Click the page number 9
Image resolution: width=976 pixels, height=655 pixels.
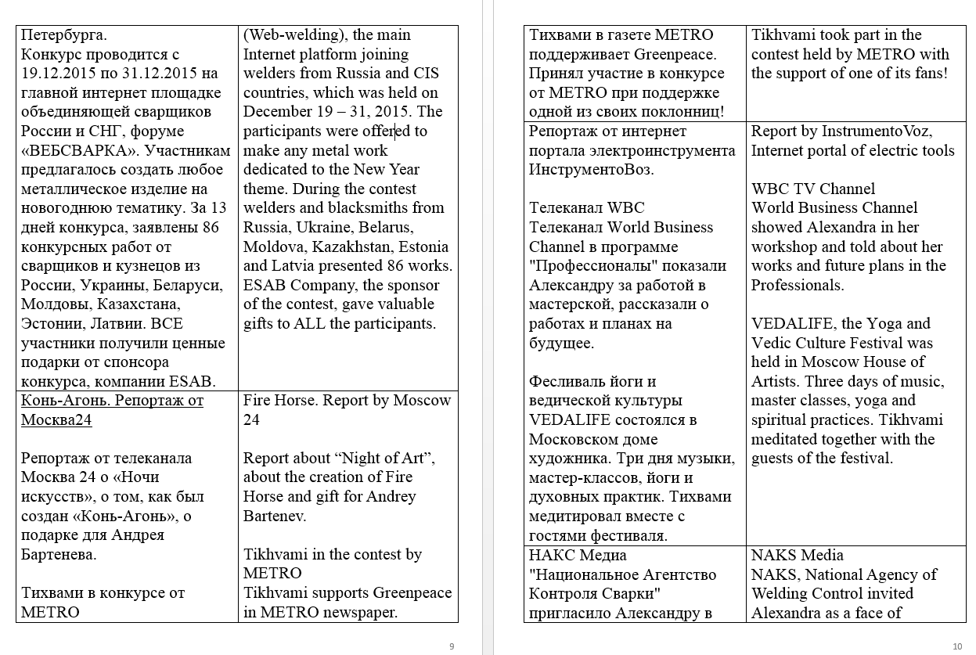452,646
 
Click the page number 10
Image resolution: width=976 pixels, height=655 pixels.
957,646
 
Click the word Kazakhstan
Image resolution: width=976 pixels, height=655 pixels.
356,247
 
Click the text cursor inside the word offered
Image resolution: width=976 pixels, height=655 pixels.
396,131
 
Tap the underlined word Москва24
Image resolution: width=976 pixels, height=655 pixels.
56,420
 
